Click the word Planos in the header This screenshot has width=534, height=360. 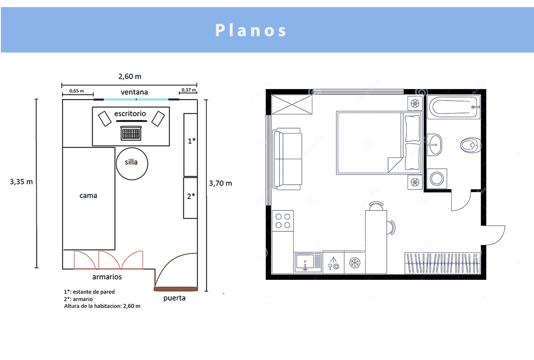tap(251, 30)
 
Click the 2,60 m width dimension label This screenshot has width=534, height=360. tap(130, 77)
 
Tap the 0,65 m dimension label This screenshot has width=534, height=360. tap(77, 91)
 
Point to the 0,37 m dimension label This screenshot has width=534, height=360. tap(189, 90)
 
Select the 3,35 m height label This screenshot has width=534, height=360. tap(21, 182)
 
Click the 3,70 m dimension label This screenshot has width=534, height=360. tap(221, 183)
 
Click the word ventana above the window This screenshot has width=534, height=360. tap(134, 92)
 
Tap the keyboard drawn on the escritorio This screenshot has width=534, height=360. tap(131, 133)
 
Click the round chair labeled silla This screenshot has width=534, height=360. tap(132, 164)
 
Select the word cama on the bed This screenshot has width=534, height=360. tap(88, 196)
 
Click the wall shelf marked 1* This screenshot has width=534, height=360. tap(190, 145)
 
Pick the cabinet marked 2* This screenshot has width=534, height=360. tap(190, 198)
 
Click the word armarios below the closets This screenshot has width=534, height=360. tap(107, 277)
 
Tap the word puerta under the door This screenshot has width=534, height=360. tap(174, 298)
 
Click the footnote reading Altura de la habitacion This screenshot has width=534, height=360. tap(102, 306)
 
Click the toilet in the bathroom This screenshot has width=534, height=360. tap(470, 145)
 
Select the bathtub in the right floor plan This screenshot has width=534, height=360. tap(453, 107)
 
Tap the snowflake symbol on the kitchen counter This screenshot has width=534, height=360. tap(355, 263)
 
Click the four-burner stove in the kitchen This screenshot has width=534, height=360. tap(283, 221)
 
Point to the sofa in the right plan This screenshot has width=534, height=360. tap(287, 159)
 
